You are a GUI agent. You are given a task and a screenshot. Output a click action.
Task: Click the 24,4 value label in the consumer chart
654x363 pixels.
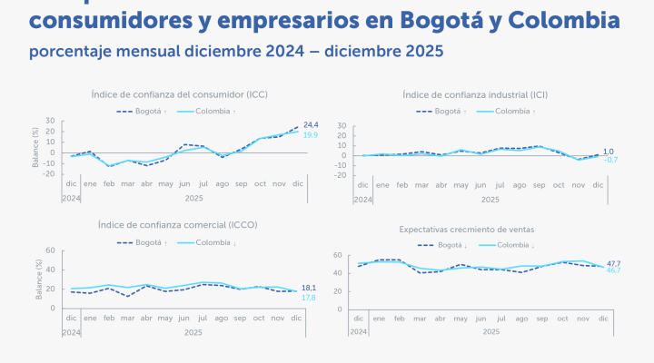coord(311,124)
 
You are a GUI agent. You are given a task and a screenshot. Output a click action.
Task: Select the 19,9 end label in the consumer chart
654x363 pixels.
coord(311,134)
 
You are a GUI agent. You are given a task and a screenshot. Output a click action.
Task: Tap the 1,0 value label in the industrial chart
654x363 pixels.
coord(609,152)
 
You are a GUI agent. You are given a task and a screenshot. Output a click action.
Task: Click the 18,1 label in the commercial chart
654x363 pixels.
coord(309,288)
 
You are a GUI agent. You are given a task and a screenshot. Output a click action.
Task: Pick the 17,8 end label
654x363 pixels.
coord(309,298)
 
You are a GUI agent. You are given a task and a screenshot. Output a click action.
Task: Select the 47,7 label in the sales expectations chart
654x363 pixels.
coord(613,263)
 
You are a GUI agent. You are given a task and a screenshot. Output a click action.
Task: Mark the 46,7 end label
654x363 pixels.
coord(613,271)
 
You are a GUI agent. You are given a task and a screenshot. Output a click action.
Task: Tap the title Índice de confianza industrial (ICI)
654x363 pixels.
coord(481,94)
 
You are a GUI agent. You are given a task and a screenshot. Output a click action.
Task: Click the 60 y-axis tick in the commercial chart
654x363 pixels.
coord(51,250)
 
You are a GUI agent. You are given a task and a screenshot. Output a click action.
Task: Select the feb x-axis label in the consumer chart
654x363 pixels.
coord(110,183)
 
